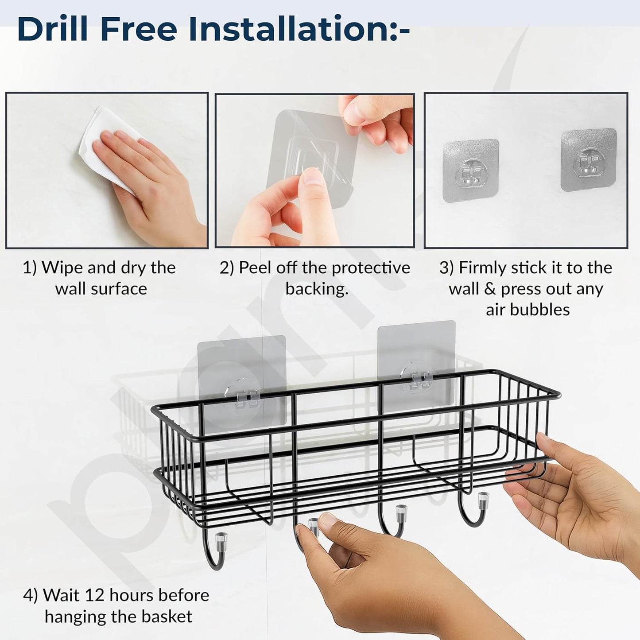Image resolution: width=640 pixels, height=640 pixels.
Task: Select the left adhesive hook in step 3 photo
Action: click(x=471, y=170)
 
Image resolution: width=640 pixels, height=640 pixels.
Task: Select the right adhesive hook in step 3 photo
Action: click(x=589, y=159)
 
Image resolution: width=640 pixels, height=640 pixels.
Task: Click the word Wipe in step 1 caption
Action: click(x=62, y=268)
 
